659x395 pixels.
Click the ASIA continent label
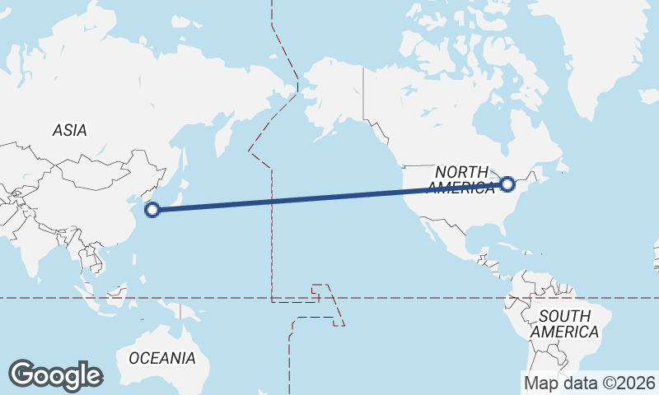click(x=69, y=130)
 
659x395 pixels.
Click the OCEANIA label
click(x=162, y=358)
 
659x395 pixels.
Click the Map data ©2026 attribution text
click(x=590, y=383)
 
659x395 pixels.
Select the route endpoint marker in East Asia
click(x=152, y=210)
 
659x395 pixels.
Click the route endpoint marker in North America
click(x=507, y=184)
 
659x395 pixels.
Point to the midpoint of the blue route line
click(x=329, y=197)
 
